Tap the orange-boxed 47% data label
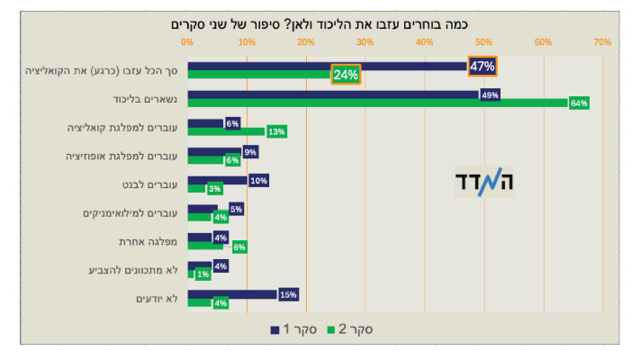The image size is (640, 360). click(x=482, y=66)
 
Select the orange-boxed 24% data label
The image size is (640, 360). click(x=346, y=75)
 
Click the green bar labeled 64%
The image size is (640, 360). click(x=378, y=103)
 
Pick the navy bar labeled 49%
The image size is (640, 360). click(x=333, y=94)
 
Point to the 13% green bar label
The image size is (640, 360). click(x=276, y=132)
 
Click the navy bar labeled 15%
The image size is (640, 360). click(x=231, y=294)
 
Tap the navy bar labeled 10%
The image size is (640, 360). click(x=217, y=180)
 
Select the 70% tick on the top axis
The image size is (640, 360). click(x=602, y=41)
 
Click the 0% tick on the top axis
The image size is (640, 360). click(x=187, y=41)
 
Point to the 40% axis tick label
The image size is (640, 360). click(x=424, y=41)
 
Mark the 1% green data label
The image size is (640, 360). click(x=203, y=274)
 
